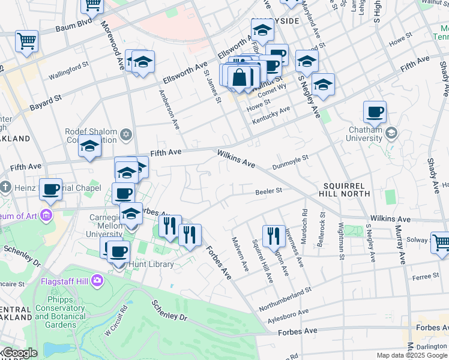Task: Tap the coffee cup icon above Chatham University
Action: click(375, 112)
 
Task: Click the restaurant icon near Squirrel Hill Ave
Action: click(274, 236)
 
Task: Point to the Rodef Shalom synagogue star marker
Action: click(126, 133)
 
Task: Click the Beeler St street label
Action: click(268, 191)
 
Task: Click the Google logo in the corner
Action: click(20, 353)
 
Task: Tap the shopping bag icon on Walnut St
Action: click(240, 78)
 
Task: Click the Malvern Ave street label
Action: click(240, 253)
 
